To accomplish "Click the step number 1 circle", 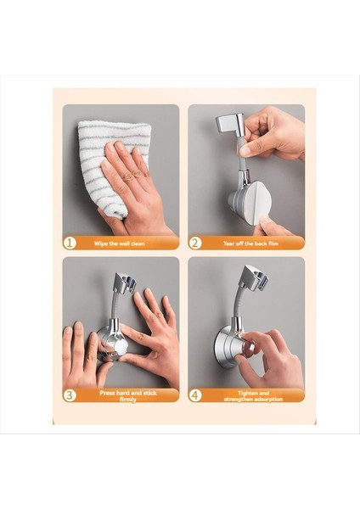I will (70, 243).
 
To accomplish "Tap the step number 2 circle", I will (195, 243).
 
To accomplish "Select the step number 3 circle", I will (70, 394).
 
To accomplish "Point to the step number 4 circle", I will (195, 394).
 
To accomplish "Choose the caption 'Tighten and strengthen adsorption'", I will (252, 394).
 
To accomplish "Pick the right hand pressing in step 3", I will (153, 335).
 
